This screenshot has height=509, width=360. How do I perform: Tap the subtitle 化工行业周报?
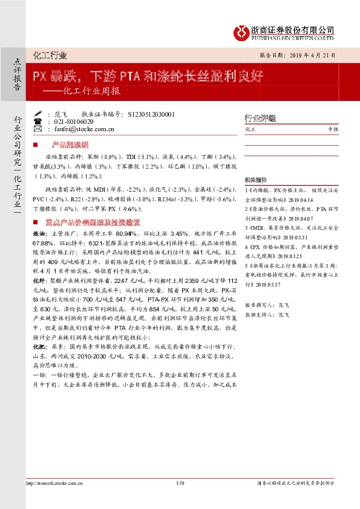91,92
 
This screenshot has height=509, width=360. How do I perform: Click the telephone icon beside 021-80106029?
38,122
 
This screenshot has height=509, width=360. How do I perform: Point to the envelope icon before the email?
38,129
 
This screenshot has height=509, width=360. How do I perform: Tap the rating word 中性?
333,129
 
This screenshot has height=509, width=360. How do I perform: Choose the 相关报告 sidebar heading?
255,180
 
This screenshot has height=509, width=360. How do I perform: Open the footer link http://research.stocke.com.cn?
56,499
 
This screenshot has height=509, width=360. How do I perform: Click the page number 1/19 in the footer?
180,499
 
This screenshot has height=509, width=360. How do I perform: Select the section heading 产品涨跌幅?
70,146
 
